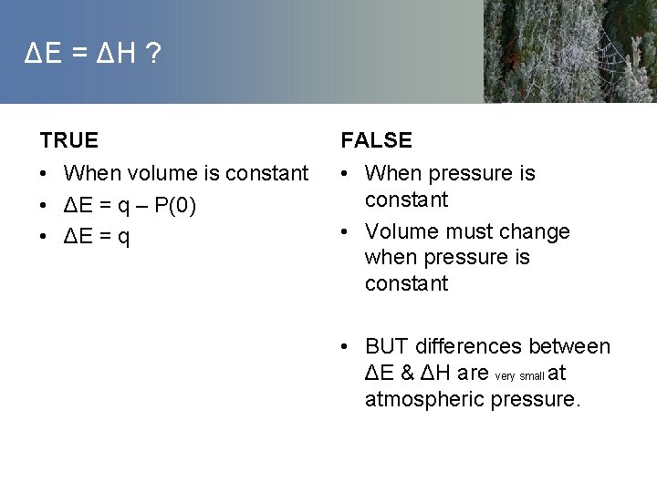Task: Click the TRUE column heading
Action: tap(68, 140)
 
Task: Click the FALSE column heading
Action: tap(376, 140)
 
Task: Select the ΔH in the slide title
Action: tap(115, 56)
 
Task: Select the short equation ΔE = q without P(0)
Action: tap(97, 238)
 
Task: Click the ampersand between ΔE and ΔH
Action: tap(408, 373)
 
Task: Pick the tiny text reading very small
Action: tap(519, 375)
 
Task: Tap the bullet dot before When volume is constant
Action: tap(45, 174)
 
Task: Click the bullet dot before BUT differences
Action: tap(346, 347)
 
